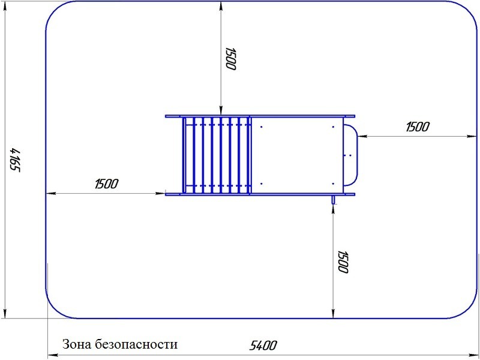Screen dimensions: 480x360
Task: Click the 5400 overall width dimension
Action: (x=263, y=346)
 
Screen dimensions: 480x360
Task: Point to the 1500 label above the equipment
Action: (x=231, y=59)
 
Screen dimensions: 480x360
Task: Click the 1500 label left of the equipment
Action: (x=106, y=184)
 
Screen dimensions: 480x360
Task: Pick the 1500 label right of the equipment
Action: (x=418, y=127)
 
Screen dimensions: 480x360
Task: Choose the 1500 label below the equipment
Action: (x=343, y=262)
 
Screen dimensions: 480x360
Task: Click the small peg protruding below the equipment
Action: (x=334, y=200)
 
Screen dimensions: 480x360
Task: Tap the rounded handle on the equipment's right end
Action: (x=357, y=155)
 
